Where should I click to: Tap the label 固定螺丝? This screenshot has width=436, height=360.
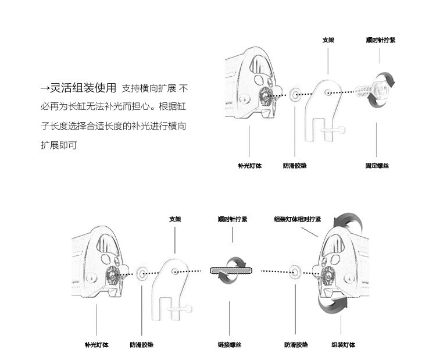377,166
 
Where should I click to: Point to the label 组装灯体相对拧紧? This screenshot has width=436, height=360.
297,219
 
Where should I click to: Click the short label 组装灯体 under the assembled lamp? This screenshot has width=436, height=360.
342,345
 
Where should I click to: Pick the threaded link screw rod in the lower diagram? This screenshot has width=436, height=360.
231,270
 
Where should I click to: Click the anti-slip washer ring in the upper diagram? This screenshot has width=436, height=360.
295,94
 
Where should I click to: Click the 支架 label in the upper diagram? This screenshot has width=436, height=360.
328,41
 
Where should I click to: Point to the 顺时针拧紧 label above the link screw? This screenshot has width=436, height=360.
232,219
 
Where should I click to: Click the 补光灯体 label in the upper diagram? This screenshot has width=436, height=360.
249,166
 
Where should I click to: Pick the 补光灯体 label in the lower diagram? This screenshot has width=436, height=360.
97,345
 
